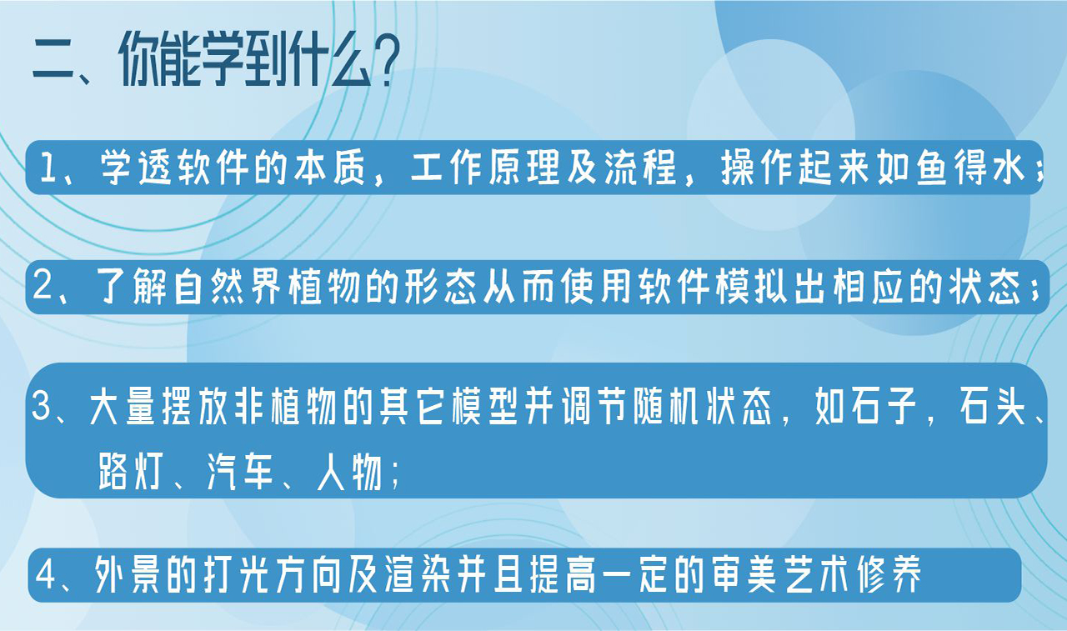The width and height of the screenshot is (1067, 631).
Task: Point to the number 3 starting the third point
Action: (42, 409)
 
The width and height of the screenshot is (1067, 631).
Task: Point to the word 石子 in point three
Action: (879, 409)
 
